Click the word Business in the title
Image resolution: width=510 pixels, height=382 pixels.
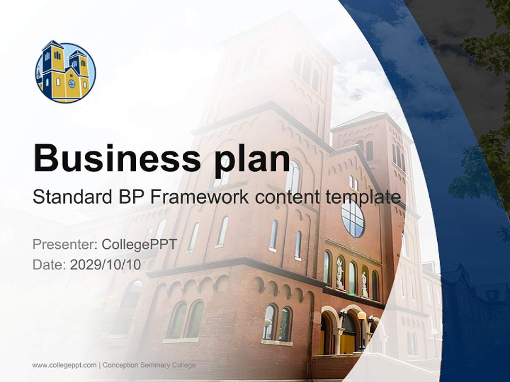pos(112,158)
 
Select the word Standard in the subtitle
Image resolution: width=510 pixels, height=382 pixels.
pos(69,197)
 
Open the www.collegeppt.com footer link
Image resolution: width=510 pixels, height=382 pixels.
pos(64,365)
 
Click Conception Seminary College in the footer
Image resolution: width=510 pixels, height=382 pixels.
pos(149,365)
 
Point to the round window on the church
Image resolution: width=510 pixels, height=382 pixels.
pos(353,218)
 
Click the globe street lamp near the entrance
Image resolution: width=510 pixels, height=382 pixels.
pos(362,316)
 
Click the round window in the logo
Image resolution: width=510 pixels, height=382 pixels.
pos(72,83)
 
